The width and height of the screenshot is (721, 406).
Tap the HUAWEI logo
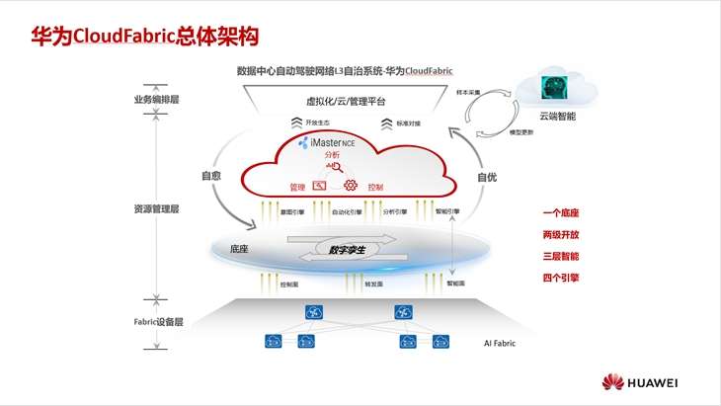(646, 382)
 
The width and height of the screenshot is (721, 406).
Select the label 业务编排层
(156, 100)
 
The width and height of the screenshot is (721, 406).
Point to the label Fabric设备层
(158, 322)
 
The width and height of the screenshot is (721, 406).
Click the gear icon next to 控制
(350, 186)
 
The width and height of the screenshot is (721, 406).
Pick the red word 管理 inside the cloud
(297, 187)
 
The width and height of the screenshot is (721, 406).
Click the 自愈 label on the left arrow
(210, 177)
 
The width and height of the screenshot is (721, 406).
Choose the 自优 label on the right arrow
(487, 177)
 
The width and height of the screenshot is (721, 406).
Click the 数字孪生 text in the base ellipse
(347, 250)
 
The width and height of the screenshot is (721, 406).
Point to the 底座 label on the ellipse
(238, 249)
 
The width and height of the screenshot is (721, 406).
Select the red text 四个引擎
(560, 278)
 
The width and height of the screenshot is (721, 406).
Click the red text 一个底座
(560, 212)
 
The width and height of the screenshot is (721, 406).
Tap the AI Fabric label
(501, 343)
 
